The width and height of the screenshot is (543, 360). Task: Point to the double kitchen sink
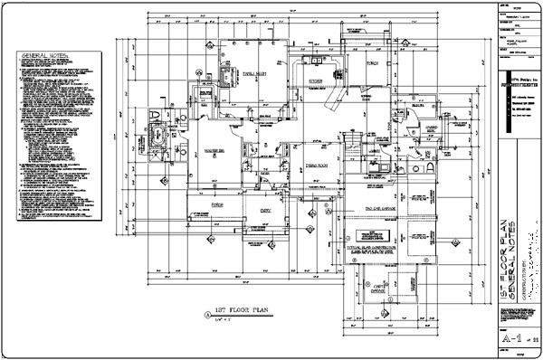(x=315, y=62)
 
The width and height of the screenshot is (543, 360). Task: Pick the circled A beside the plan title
(x=206, y=313)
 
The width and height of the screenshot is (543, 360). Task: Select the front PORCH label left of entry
(x=217, y=204)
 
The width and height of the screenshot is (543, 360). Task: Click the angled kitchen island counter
(x=338, y=93)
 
